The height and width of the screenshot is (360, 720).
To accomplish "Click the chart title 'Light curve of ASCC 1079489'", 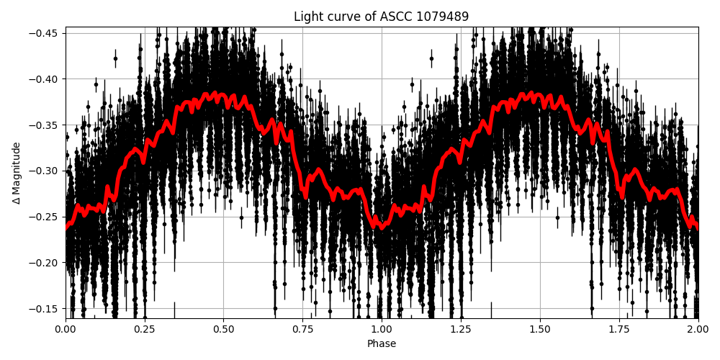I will pos(381,17).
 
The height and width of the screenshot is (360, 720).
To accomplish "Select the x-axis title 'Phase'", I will pos(381,344).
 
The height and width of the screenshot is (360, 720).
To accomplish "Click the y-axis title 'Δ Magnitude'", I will pos(16,173).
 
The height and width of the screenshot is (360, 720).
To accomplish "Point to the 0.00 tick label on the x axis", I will pos(66,329).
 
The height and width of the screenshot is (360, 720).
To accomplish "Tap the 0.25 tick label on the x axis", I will pos(145,329).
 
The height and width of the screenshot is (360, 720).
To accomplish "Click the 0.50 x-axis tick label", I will pos(223,329).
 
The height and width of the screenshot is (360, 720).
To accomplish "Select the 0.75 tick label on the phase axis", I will pos(302,329).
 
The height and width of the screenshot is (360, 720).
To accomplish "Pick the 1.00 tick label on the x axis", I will pos(382,329).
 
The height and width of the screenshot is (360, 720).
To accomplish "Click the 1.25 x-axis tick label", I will pos(461,329).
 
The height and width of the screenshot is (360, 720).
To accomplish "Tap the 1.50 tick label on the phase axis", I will pos(540,329).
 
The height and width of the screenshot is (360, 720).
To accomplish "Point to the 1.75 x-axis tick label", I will pos(619,329).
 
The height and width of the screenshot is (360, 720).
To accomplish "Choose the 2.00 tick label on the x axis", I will pos(698,329).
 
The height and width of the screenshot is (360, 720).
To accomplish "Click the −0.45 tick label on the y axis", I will pos(45,33).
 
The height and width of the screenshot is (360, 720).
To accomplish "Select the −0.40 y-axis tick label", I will pos(45,79).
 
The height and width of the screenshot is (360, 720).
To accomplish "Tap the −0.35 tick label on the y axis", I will pos(45,125).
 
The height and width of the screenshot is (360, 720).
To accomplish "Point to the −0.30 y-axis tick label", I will pos(45,171).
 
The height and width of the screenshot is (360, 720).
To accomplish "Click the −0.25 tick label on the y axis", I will pos(45,217).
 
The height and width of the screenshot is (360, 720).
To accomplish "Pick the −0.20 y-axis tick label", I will pos(45,263).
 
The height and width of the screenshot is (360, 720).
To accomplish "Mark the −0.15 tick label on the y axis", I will pos(45,309).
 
